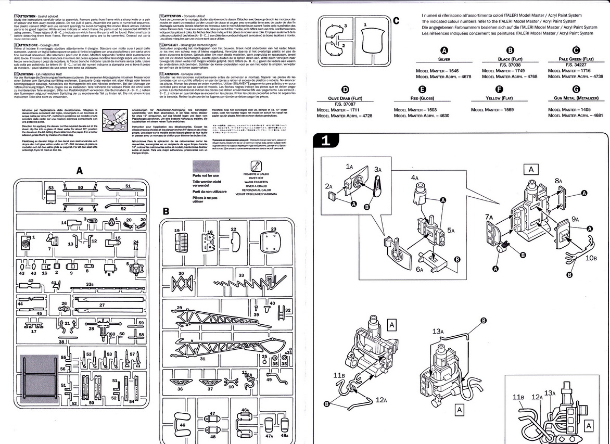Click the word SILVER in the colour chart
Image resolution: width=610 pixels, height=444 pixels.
444,60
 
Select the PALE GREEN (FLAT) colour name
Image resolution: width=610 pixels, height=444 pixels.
576,60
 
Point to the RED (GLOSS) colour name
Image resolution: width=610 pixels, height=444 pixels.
422,98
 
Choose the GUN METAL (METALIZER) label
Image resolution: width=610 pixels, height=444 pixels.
576,98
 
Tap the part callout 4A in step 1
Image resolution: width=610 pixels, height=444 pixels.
416,177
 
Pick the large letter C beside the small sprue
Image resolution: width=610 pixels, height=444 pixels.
396,21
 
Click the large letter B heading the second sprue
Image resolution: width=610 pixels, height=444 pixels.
166,211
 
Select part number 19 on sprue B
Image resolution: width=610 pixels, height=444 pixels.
177,230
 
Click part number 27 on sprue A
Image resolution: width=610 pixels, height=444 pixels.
102,306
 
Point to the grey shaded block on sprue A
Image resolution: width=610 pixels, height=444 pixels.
37,372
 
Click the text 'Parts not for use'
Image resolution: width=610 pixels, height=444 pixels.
206,176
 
